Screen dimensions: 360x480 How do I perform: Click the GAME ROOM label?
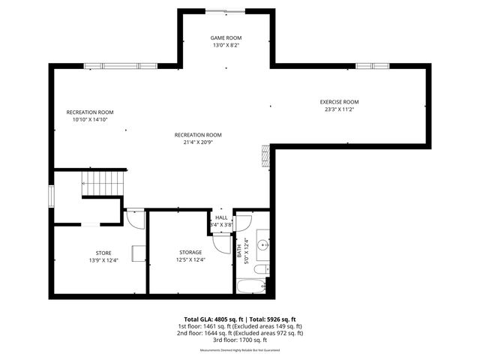[226, 37]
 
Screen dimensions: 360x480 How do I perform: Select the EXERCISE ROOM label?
[339, 102]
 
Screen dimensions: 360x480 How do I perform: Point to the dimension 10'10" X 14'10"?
[90, 119]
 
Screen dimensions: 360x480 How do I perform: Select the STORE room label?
[103, 253]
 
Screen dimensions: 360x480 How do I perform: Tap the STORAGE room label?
[190, 252]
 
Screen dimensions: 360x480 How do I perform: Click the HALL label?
[221, 217]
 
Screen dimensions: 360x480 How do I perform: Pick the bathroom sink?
[262, 244]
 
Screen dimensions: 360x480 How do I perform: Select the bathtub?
[250, 286]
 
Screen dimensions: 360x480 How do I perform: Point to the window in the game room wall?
[225, 10]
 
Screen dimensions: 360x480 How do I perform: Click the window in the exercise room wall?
[373, 66]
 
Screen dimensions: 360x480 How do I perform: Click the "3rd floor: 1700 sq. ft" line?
[240, 340]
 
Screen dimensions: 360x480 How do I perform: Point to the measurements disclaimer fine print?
[240, 350]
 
